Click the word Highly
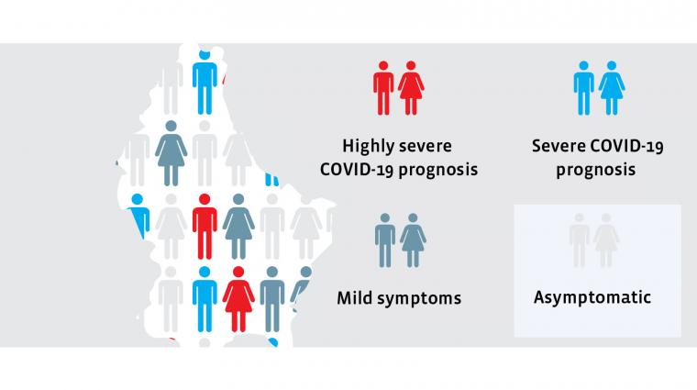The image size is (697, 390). pos(371,146)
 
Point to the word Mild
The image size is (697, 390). pos(357,297)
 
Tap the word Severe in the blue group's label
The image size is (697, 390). pos(558,146)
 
